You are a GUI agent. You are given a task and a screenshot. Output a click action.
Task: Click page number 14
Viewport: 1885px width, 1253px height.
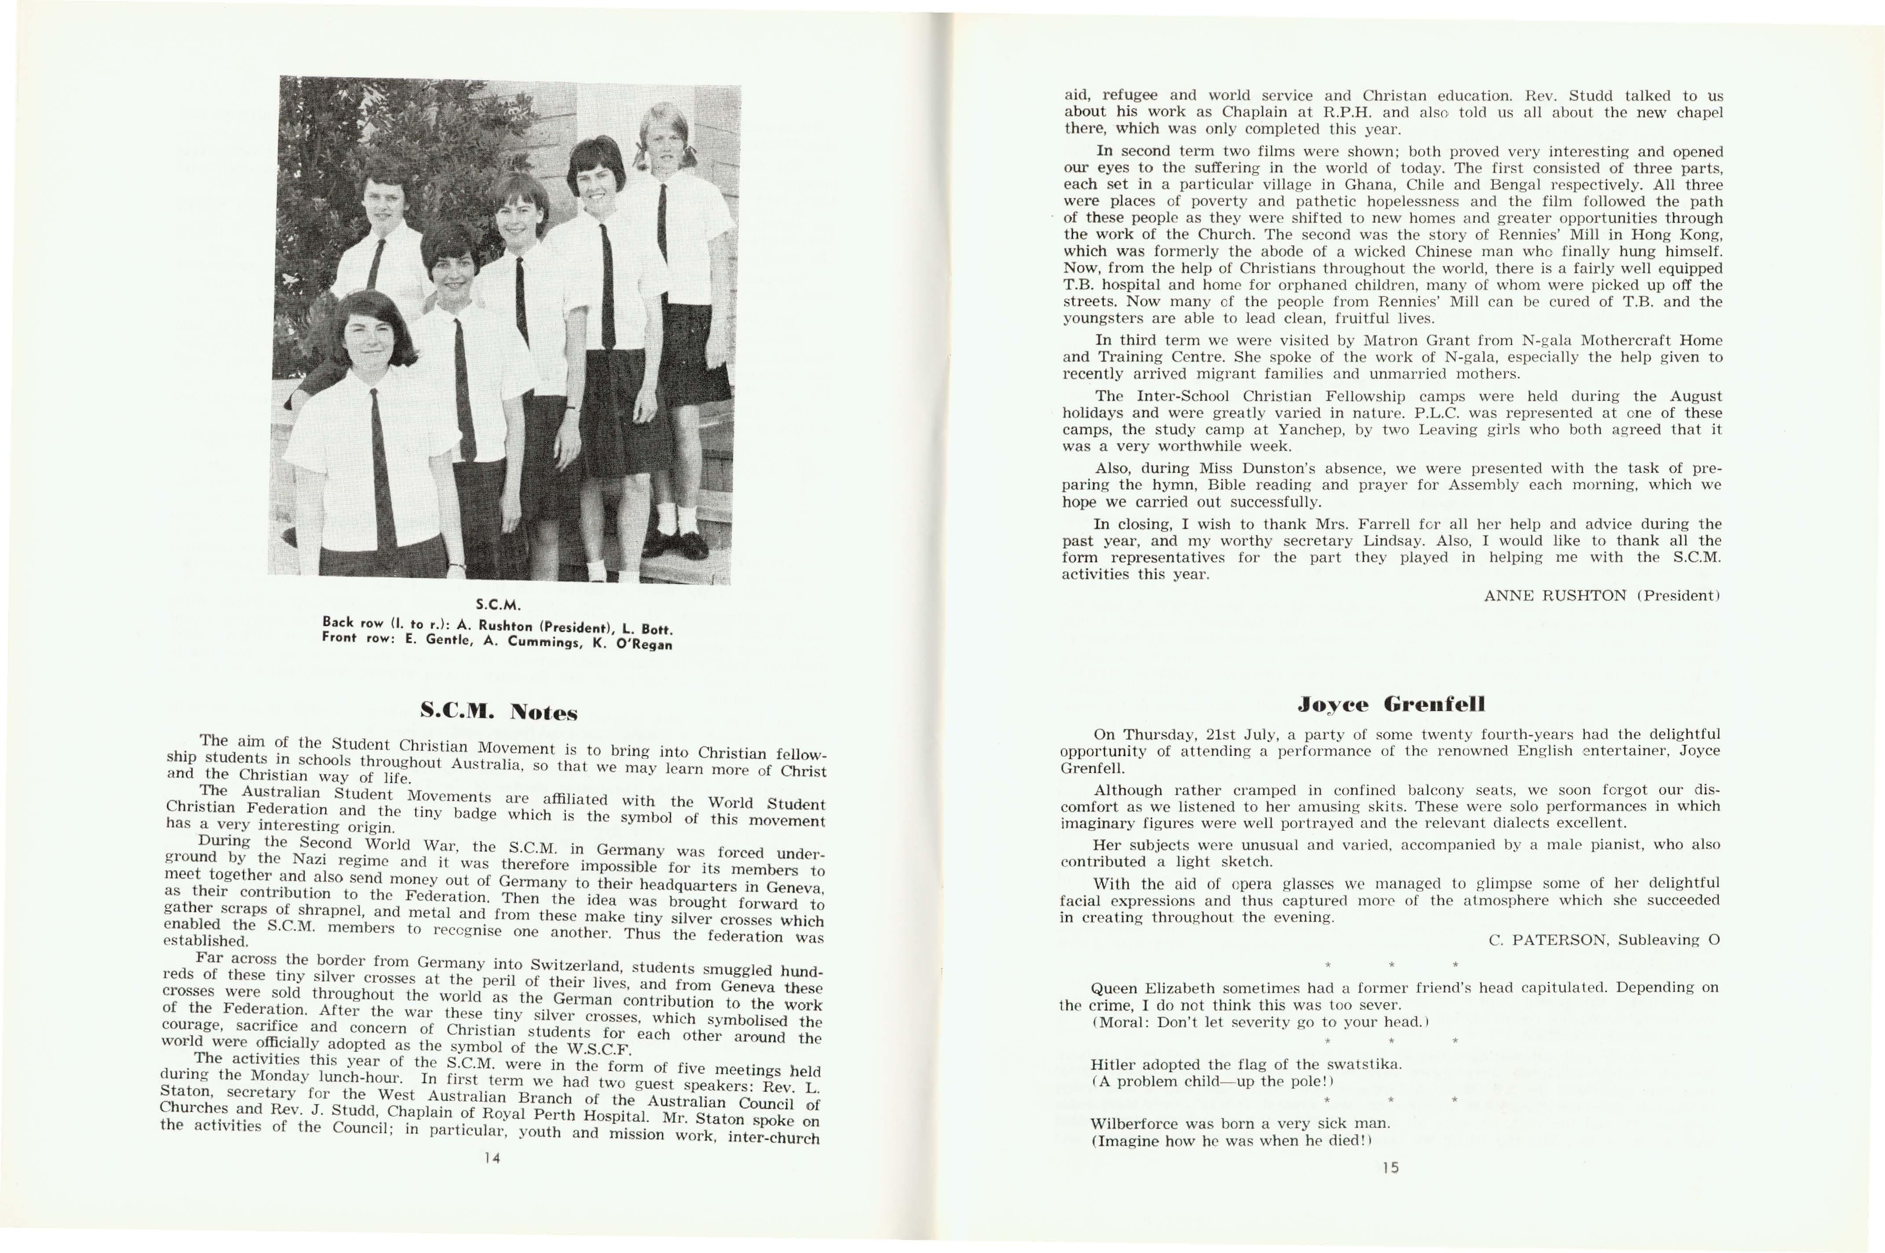pos(492,1158)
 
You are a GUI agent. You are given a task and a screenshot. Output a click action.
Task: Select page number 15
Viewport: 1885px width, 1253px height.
pos(1390,1168)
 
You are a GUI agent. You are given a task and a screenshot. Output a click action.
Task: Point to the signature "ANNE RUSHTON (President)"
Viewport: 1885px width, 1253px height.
pos(1601,595)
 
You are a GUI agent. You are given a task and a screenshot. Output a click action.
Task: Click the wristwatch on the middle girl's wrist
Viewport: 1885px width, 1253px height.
pos(570,408)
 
